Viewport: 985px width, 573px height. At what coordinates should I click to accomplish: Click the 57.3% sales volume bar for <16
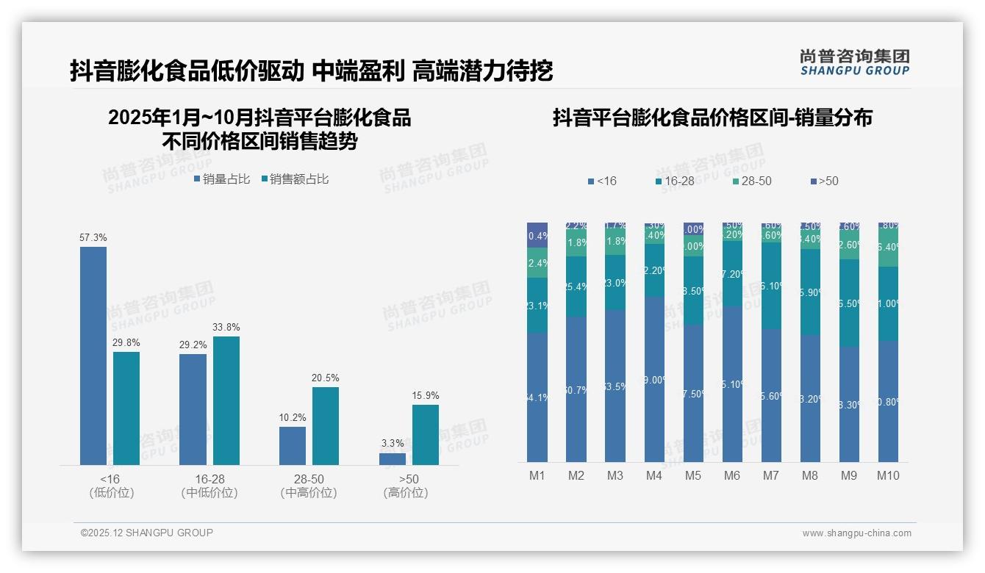(93, 356)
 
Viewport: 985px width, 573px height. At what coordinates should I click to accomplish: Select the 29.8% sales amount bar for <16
(126, 408)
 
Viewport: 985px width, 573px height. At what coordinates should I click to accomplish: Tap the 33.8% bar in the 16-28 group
(226, 400)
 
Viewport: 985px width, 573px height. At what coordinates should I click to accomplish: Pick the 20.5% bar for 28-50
(326, 426)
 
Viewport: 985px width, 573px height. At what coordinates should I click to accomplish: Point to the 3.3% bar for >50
(393, 459)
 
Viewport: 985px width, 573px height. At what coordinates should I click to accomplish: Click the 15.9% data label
(426, 396)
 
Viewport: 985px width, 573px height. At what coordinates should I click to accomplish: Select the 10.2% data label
(293, 418)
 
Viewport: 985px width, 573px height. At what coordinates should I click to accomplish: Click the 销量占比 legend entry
(221, 179)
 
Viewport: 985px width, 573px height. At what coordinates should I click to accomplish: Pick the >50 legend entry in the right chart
(824, 181)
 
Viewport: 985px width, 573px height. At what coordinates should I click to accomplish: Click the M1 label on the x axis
(537, 476)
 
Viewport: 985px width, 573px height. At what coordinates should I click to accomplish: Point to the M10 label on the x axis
(888, 476)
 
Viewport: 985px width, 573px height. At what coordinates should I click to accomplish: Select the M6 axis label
(732, 476)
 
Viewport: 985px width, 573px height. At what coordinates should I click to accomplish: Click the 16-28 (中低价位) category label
(209, 486)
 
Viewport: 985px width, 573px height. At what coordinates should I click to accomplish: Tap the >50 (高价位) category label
(406, 486)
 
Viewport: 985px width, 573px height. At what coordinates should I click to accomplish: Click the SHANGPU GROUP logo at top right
(855, 62)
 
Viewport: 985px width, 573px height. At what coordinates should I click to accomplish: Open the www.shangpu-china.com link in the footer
(856, 533)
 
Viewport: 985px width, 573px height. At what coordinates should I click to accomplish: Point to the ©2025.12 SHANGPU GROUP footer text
(147, 533)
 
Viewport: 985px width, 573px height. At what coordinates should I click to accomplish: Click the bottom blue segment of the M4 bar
(654, 379)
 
